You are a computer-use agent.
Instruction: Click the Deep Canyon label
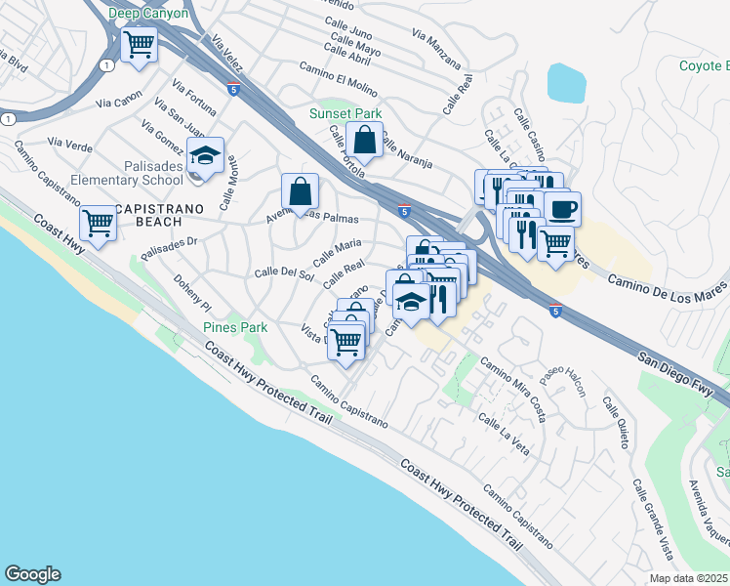pos(148,13)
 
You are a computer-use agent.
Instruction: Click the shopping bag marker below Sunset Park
pos(364,142)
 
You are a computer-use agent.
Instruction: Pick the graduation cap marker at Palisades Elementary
pos(206,156)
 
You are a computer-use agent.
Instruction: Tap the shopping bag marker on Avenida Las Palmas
pos(300,189)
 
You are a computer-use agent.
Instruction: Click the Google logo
pos(32,574)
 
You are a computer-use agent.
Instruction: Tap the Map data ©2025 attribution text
pos(689,578)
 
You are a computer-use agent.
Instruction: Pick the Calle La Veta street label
pos(504,435)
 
